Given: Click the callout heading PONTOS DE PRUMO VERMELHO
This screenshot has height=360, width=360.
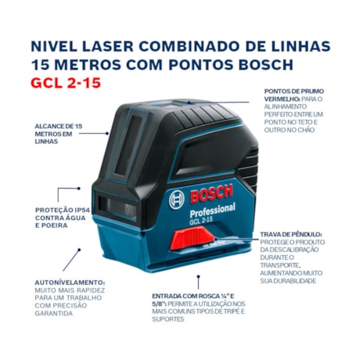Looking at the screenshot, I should point(293,95).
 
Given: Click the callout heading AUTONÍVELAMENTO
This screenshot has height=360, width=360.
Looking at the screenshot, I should point(70,282).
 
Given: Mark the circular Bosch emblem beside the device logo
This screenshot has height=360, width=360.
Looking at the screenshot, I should point(176,200).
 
